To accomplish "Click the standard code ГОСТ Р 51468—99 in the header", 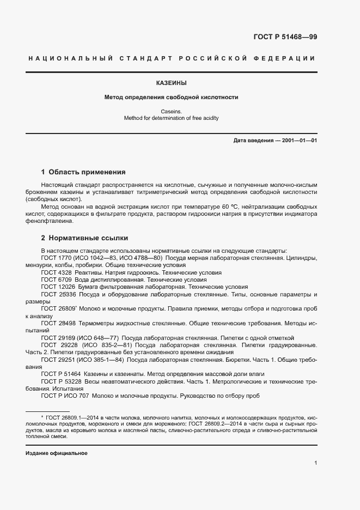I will [285, 37].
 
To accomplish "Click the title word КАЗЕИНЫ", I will [171, 83].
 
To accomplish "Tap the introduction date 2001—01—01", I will [298, 141].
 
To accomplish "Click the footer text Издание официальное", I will [56, 453].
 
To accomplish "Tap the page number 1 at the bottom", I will [316, 463].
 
